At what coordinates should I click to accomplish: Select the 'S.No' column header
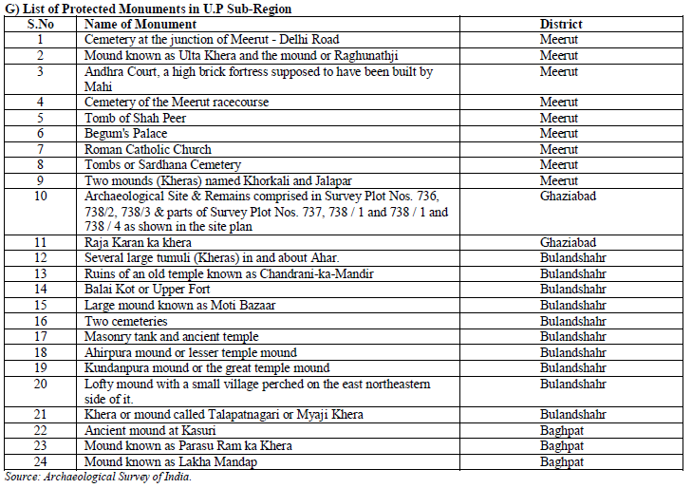pyautogui.click(x=40, y=24)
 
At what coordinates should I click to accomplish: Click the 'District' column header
pyautogui.click(x=561, y=24)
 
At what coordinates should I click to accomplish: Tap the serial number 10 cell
pyautogui.click(x=40, y=197)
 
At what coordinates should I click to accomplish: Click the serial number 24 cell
pyautogui.click(x=40, y=462)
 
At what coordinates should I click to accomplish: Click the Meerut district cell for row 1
pyautogui.click(x=559, y=40)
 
